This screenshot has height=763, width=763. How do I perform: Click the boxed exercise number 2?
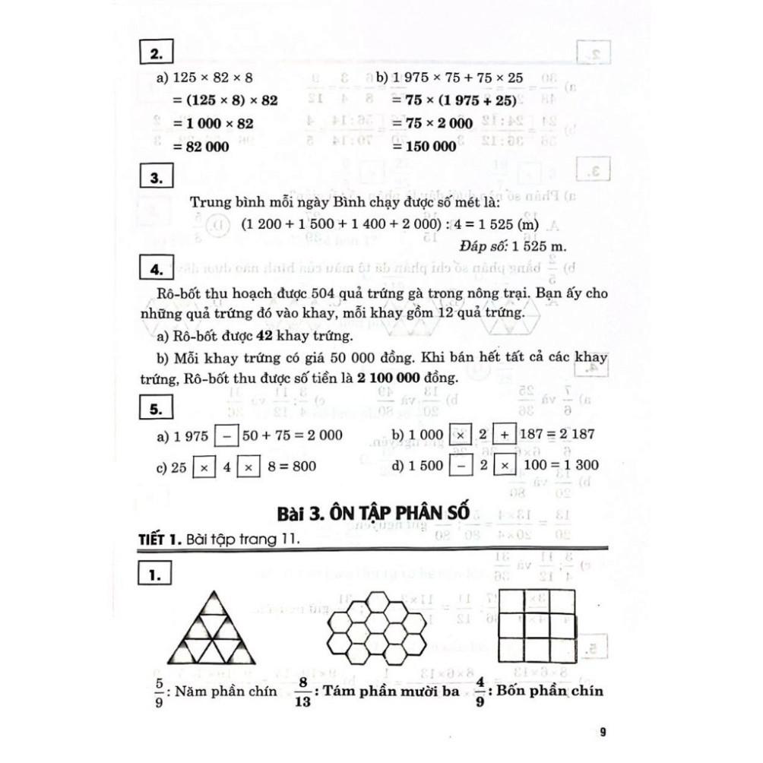pyautogui.click(x=157, y=55)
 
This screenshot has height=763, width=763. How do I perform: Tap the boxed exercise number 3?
pyautogui.click(x=157, y=179)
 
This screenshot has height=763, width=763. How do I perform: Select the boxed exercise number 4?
pyautogui.click(x=157, y=270)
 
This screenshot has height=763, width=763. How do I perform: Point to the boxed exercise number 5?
pyautogui.click(x=157, y=410)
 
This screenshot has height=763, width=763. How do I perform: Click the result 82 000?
pyautogui.click(x=201, y=147)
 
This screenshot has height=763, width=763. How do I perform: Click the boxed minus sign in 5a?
pyautogui.click(x=225, y=435)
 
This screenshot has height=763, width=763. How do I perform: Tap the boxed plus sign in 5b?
pyautogui.click(x=502, y=435)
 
